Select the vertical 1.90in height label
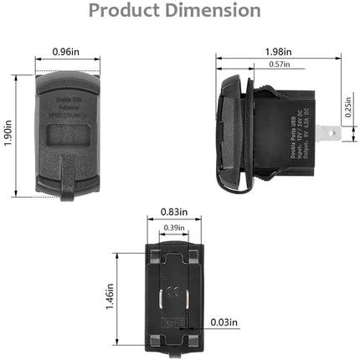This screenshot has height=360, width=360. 9,131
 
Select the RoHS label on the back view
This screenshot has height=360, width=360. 176,320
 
